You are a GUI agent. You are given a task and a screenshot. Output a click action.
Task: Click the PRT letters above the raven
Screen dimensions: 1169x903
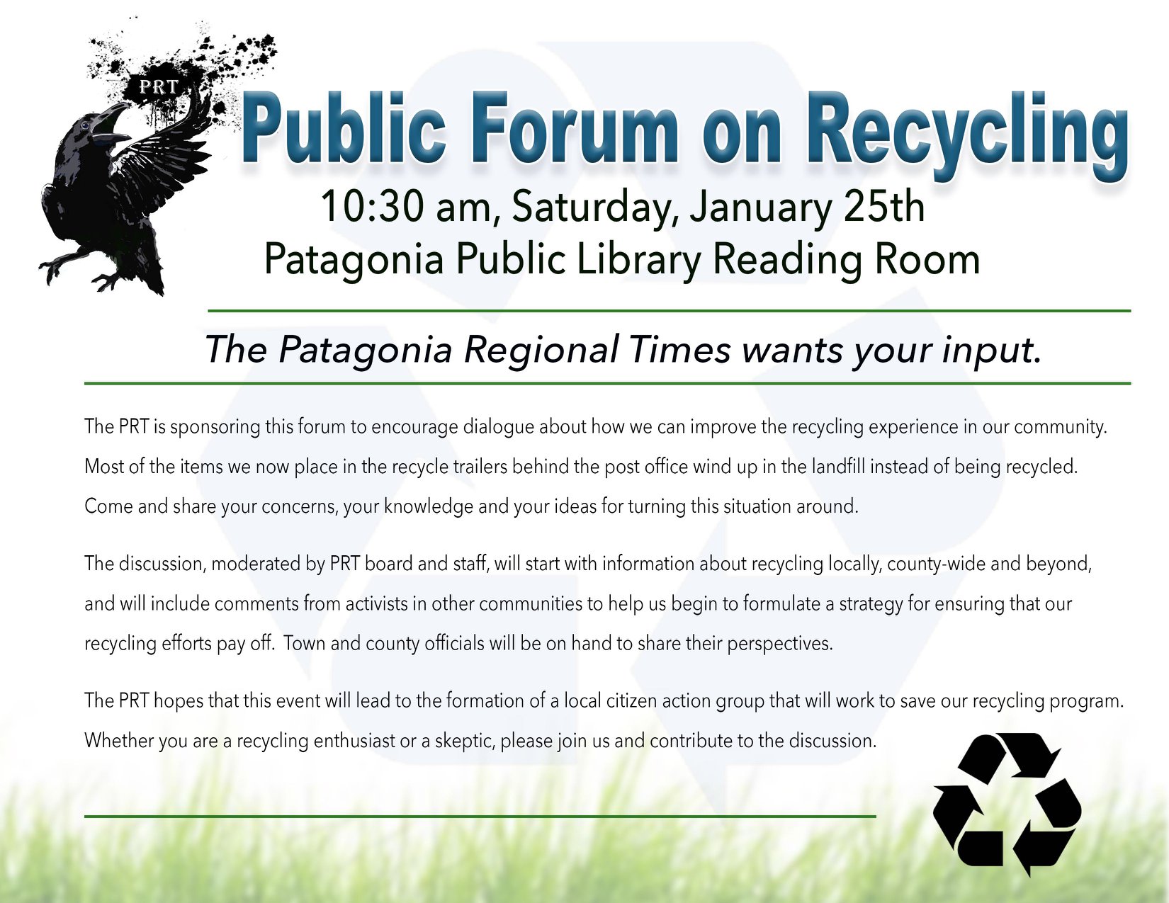point(159,87)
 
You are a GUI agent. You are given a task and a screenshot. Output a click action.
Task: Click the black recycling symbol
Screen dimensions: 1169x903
point(1007,804)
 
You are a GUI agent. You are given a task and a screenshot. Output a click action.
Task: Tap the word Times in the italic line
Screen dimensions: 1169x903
point(680,349)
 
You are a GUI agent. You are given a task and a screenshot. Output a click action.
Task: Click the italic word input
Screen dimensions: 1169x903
point(989,351)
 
